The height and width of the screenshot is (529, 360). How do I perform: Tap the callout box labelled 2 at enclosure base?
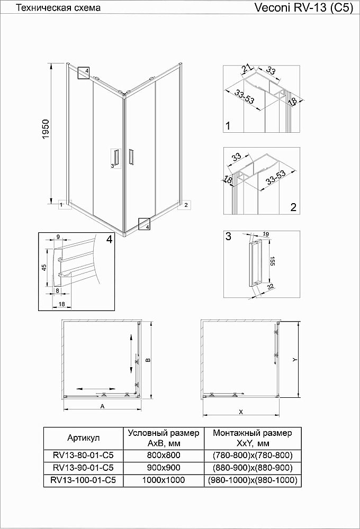pyautogui.click(x=186, y=205)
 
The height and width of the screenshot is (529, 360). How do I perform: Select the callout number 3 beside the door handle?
pyautogui.click(x=112, y=166)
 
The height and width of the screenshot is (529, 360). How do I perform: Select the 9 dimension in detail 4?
pyautogui.click(x=58, y=236)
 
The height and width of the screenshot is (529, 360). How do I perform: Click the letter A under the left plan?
pyautogui.click(x=102, y=406)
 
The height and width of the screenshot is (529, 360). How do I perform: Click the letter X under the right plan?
pyautogui.click(x=241, y=411)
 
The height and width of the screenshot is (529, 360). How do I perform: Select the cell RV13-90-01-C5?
pyautogui.click(x=83, y=468)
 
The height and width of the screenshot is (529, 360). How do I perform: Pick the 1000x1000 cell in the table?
pyautogui.click(x=164, y=480)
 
